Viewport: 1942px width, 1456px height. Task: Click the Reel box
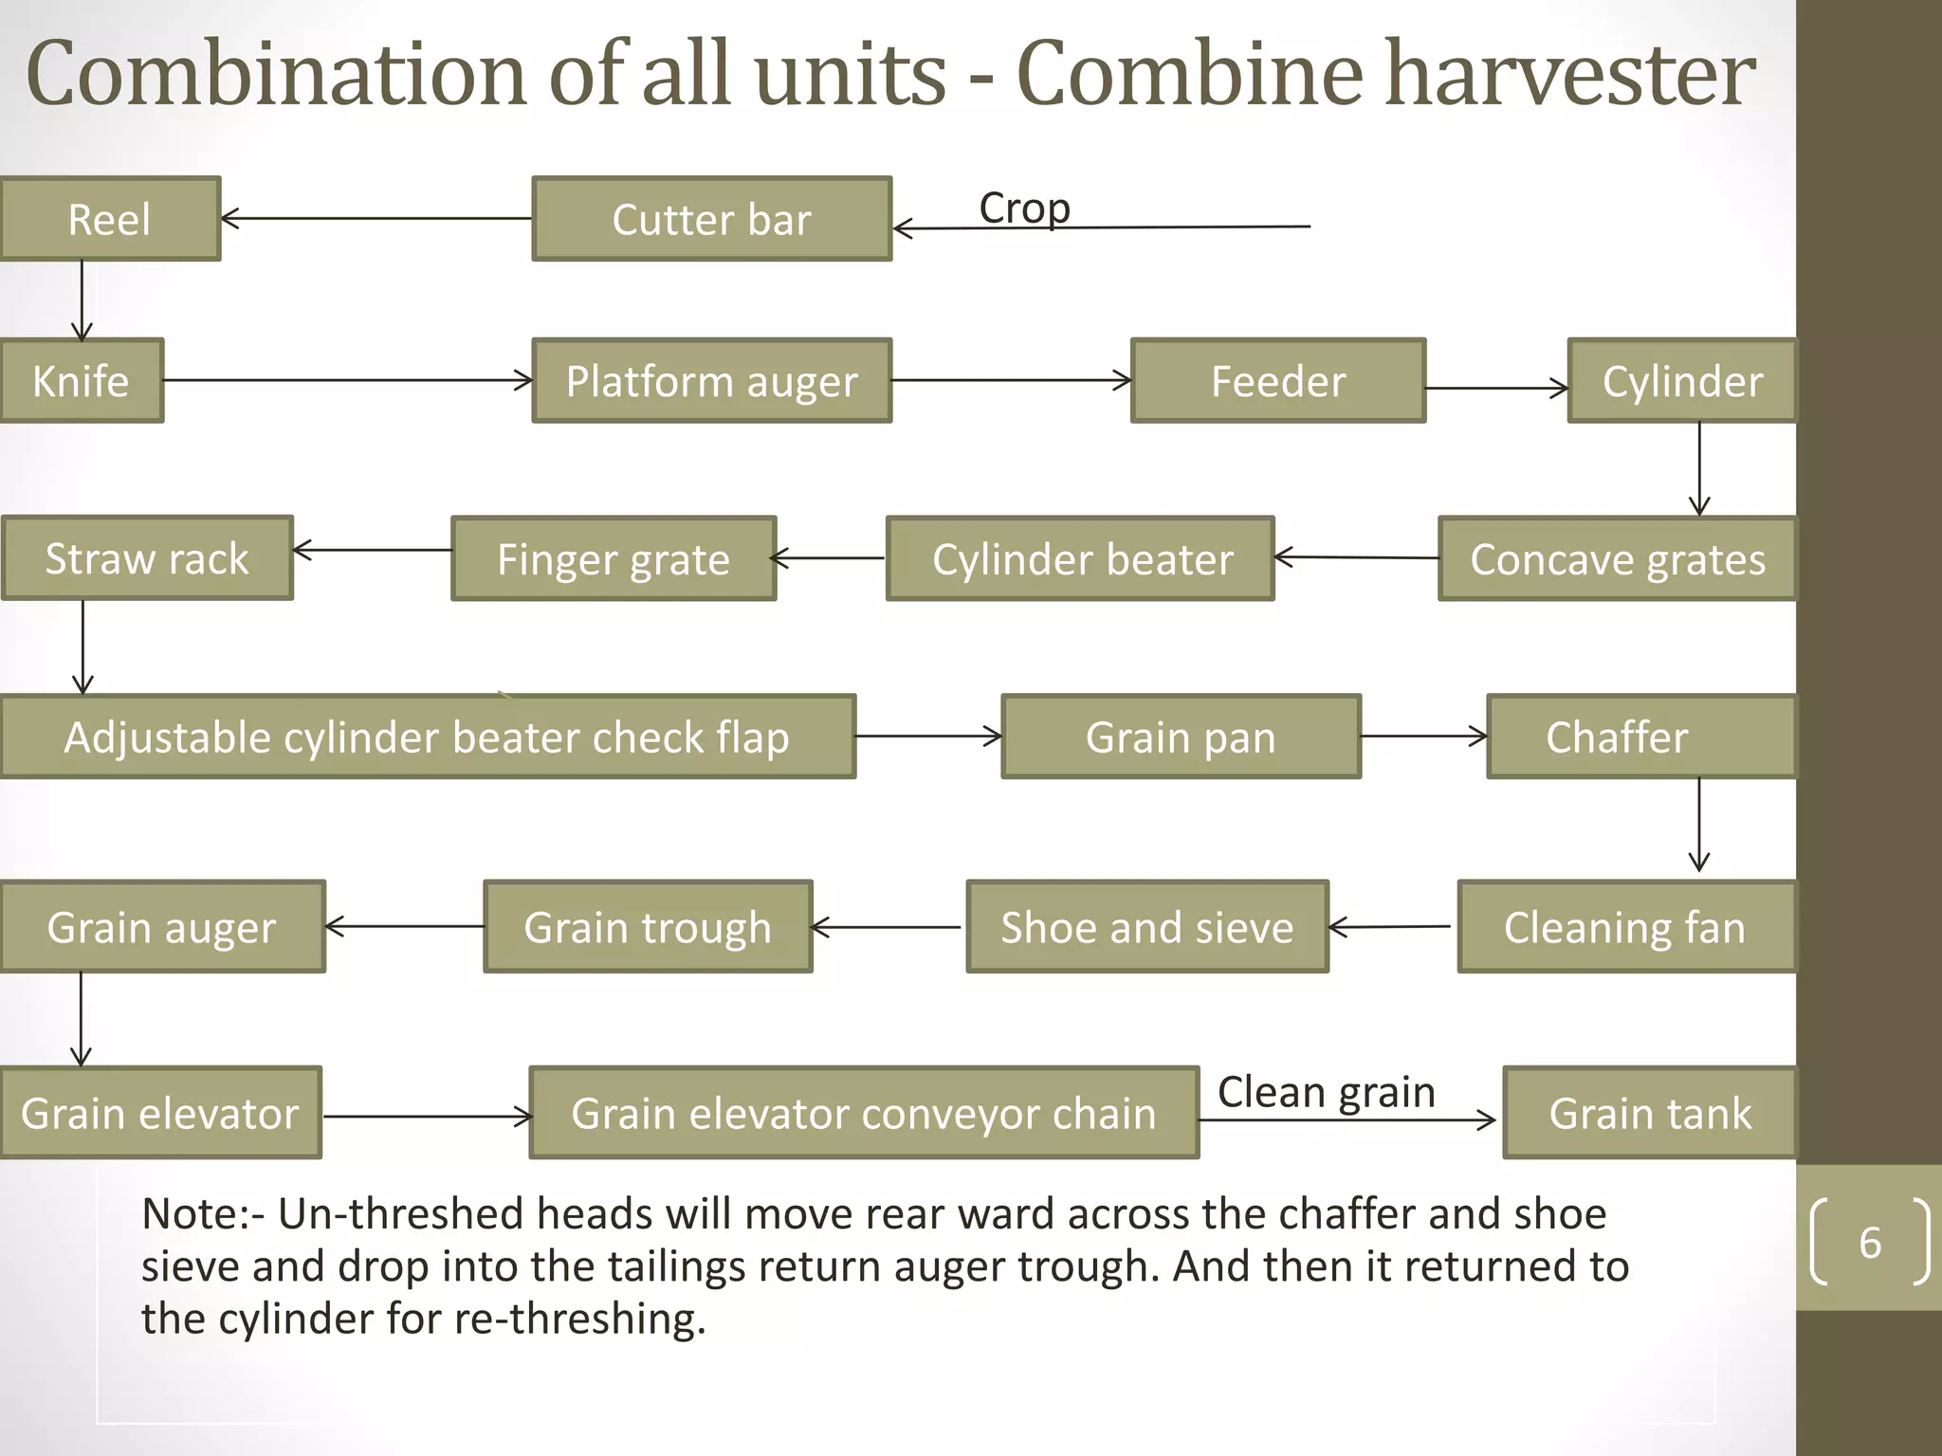point(110,219)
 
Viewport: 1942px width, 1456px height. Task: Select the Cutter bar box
point(711,219)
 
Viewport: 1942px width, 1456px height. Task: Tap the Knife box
point(82,381)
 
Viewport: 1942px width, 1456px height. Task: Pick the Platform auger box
point(711,381)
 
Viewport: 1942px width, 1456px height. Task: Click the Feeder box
point(1278,381)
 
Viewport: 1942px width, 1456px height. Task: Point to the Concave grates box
point(1617,559)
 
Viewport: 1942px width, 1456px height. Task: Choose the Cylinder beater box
point(1081,559)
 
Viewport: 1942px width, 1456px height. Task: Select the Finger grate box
point(614,559)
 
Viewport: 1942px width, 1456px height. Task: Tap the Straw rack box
point(147,558)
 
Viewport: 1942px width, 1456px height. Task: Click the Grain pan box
point(1181,737)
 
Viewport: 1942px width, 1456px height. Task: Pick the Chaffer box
point(1640,737)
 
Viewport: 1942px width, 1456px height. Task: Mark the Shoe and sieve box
point(1147,927)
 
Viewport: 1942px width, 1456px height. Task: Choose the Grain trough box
point(648,927)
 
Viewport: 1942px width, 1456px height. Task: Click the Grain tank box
point(1650,1113)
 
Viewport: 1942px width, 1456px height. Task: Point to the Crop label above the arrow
point(1024,208)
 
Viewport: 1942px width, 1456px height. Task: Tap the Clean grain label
point(1326,1092)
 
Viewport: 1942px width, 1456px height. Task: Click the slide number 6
point(1870,1243)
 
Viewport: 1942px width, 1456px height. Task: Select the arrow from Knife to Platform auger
point(347,381)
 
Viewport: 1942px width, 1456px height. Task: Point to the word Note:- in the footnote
point(203,1214)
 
